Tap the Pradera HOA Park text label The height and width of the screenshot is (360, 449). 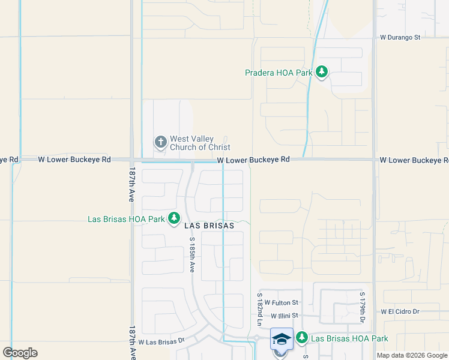[279, 73]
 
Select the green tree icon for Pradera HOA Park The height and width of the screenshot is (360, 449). [322, 73]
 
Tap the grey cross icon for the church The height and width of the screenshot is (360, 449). [160, 142]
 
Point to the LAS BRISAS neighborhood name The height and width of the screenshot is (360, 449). [209, 226]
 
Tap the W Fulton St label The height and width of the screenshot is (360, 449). [282, 303]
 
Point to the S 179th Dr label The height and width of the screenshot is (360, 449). [363, 308]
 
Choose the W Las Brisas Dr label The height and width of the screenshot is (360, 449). [160, 342]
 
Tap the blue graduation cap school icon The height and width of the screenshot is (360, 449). [281, 338]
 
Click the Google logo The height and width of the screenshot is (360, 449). [20, 353]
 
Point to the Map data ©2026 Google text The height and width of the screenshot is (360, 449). [412, 355]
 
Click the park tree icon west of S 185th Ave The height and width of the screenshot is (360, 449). [174, 218]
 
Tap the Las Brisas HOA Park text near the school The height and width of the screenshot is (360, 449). [349, 339]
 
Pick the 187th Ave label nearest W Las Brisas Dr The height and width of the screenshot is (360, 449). [131, 342]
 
